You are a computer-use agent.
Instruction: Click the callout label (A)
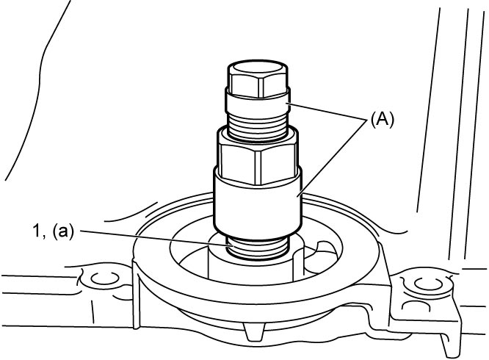[382, 120]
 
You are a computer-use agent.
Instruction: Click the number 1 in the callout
[37, 231]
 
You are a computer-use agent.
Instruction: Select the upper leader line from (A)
[327, 112]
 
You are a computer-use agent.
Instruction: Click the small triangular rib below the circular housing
[253, 331]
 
